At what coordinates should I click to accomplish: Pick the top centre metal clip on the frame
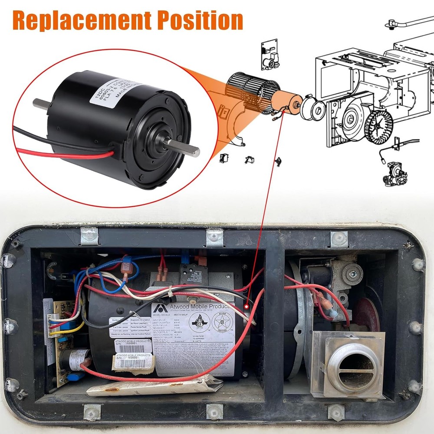click(x=214, y=237)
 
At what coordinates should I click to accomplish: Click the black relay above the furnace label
click(x=193, y=274)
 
